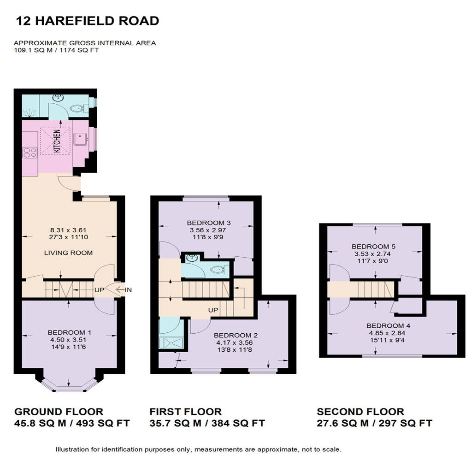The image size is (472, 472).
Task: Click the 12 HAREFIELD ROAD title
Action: [x=88, y=21]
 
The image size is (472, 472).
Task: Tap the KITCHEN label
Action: [x=57, y=141]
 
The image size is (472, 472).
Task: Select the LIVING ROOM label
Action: [x=68, y=253]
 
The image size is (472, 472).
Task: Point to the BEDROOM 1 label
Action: [x=69, y=332]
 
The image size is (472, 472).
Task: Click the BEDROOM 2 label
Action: [x=236, y=336]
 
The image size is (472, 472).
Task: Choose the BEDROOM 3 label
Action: [x=209, y=223]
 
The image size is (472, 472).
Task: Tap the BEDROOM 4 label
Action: [x=388, y=326]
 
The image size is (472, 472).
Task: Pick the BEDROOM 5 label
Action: [x=373, y=247]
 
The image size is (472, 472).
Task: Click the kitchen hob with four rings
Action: [x=30, y=152]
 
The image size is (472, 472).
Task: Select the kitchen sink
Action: [x=80, y=139]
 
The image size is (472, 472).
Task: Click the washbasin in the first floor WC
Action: [x=192, y=258]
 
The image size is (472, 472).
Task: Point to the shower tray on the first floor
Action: [x=171, y=343]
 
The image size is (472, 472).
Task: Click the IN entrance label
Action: [x=128, y=290]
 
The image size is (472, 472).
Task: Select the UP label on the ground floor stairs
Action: [x=100, y=290]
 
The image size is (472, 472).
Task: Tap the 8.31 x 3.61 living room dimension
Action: [x=68, y=230]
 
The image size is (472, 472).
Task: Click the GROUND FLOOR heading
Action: [x=59, y=412]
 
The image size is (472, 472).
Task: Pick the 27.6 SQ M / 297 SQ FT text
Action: [x=374, y=423]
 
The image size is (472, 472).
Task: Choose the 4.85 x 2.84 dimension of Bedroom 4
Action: [x=387, y=333]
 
